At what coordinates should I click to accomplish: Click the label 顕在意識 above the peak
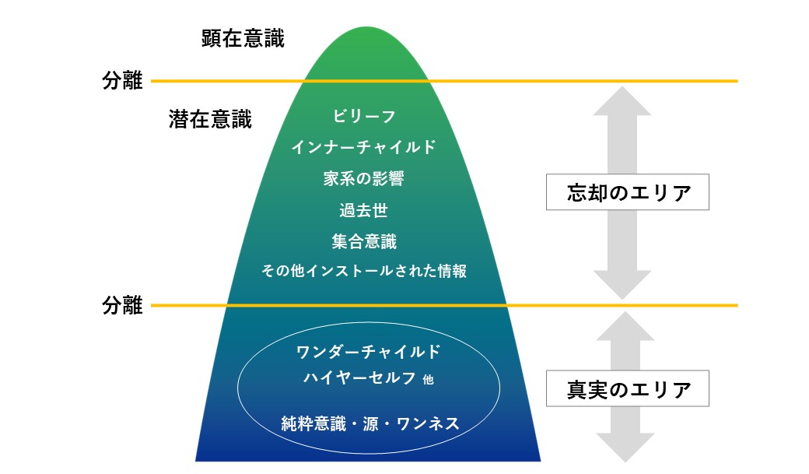coord(243,39)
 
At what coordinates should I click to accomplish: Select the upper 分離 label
coord(122,80)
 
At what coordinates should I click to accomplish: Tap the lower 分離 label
coord(122,305)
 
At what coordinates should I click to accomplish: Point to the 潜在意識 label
coord(210,119)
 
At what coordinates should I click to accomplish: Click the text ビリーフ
coord(364,116)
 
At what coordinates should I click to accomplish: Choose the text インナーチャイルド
coord(364,147)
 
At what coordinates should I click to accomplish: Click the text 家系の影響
coord(364,179)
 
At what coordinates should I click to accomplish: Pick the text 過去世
coord(364,210)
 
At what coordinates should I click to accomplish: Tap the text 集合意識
coord(364,241)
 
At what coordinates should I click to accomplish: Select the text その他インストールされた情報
coord(364,271)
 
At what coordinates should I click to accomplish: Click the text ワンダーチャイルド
coord(369,352)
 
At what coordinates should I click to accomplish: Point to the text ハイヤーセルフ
coord(360,378)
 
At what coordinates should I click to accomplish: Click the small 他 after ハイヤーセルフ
coord(429,380)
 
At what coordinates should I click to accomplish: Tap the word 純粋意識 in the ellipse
coord(313,424)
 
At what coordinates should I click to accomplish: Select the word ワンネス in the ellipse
coord(428,424)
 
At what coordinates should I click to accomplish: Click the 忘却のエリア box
coord(628,192)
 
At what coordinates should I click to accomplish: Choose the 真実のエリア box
coord(628,388)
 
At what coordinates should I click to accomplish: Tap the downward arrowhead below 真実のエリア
coord(625,448)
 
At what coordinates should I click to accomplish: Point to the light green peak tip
coord(366,27)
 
